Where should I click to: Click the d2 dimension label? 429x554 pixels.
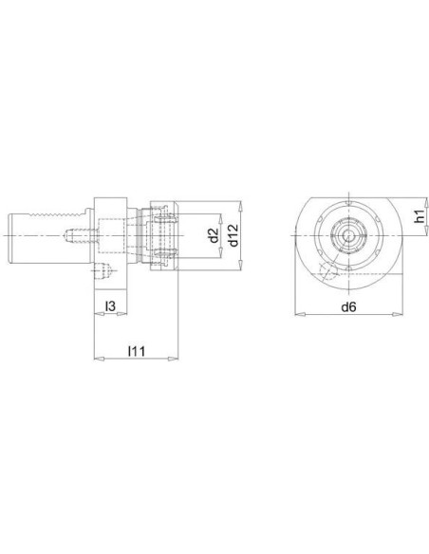click(214, 235)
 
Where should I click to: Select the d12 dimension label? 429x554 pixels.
click(233, 235)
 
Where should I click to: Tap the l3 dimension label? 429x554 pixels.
click(110, 306)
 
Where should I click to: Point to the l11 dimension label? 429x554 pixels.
click(137, 351)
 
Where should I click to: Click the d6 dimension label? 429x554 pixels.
click(348, 307)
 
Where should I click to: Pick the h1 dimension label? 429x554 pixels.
click(420, 216)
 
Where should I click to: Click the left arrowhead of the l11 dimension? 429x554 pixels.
click(100, 359)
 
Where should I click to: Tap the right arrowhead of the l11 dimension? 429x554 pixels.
click(173, 359)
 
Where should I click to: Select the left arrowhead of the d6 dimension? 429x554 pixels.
click(300, 314)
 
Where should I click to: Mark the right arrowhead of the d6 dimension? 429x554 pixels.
click(397, 314)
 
